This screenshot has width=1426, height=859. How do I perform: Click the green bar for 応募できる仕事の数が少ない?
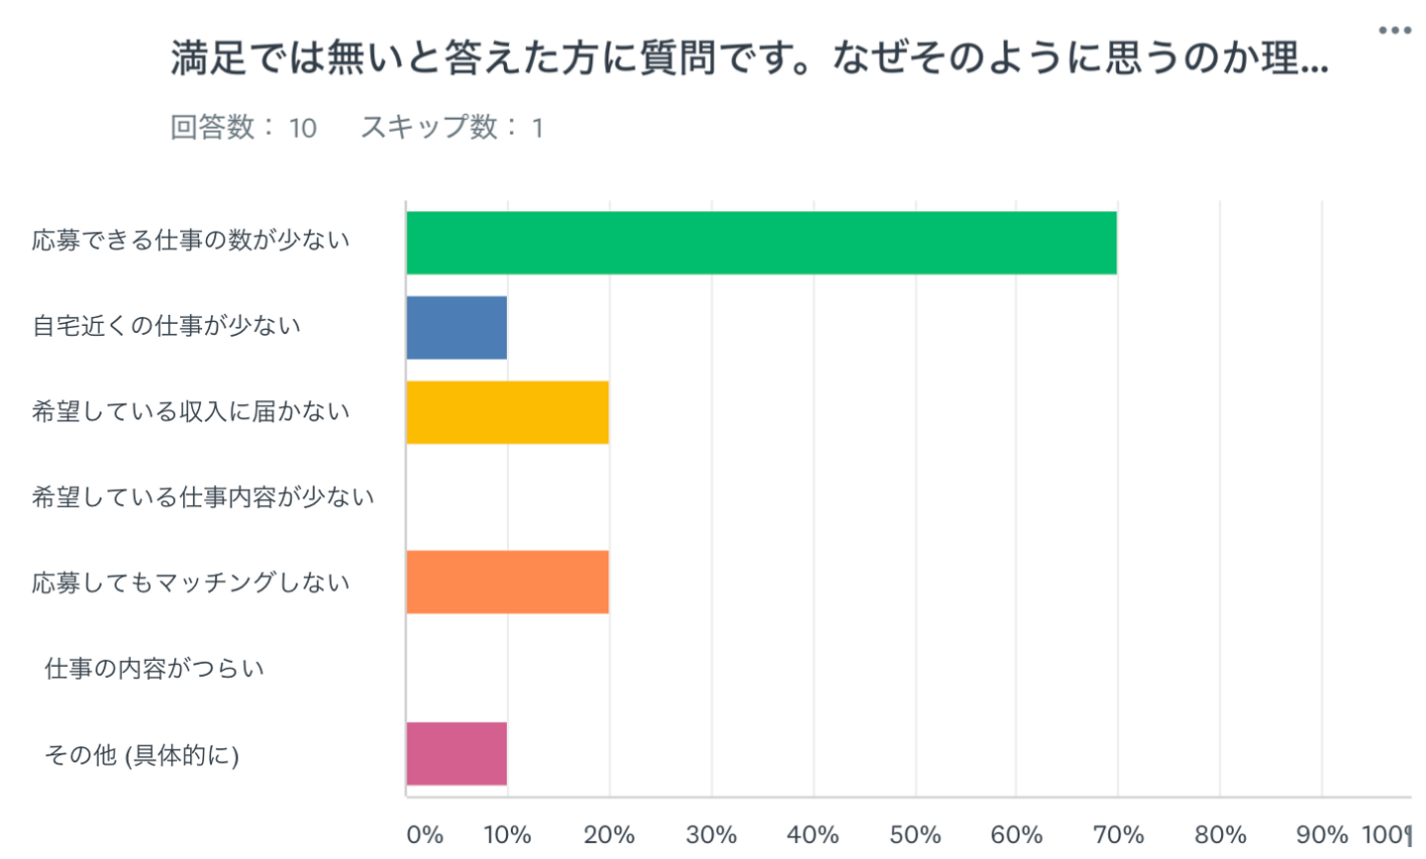point(761,243)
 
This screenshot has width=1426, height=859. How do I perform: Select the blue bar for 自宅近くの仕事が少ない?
point(457,328)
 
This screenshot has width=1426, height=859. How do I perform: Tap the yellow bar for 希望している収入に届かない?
point(507,412)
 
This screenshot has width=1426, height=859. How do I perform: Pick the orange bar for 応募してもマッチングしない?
point(507,583)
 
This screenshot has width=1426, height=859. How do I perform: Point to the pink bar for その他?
point(457,754)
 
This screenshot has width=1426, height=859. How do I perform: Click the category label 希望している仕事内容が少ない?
point(203,497)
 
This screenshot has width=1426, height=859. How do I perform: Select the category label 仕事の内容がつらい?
point(154,669)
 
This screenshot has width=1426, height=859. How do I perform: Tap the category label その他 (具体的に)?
point(142,755)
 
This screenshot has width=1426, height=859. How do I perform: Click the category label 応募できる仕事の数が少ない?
point(191,241)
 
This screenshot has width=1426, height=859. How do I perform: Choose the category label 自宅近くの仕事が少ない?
point(166,326)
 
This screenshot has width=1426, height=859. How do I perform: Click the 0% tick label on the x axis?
point(425,835)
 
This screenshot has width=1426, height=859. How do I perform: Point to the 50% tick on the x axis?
point(915,835)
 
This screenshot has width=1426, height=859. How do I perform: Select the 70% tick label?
point(1118,835)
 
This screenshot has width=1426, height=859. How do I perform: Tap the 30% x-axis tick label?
point(711,835)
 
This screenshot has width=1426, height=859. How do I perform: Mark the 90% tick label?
point(1322,835)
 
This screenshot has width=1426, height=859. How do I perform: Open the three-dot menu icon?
point(1394,31)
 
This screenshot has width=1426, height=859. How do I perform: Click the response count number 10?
point(302,129)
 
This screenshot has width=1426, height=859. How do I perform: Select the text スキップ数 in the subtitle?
point(429,128)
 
